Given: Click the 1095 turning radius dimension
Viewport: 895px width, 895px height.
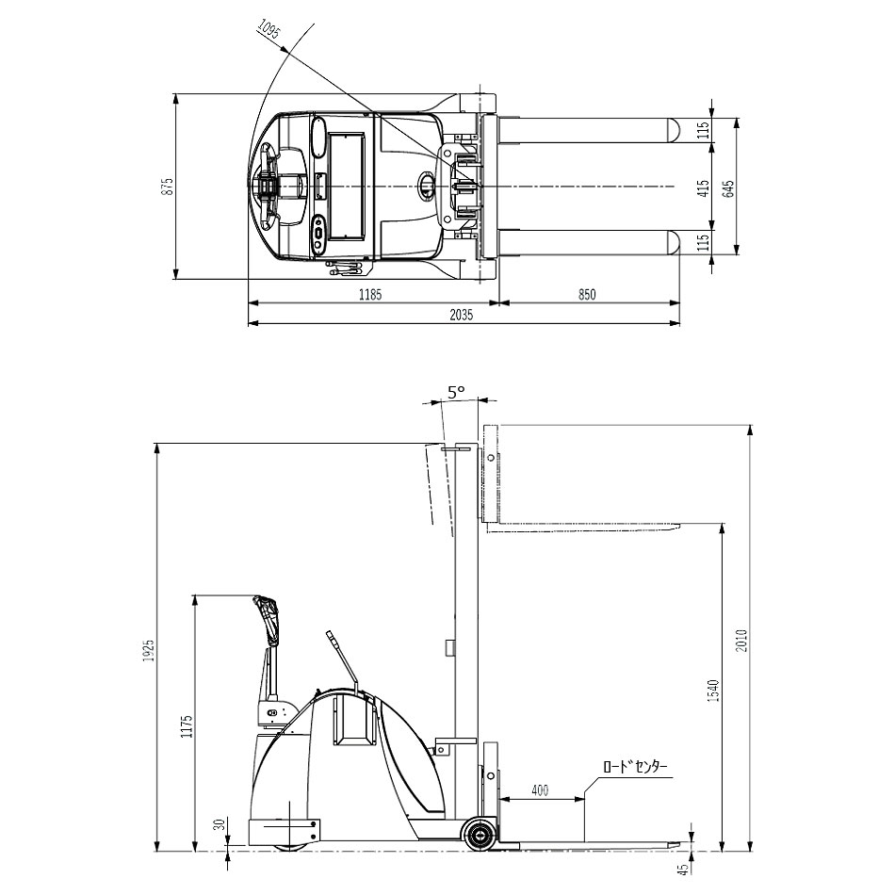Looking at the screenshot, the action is pyautogui.click(x=268, y=29).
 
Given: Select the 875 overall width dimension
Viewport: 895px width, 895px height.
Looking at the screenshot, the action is pyautogui.click(x=168, y=187).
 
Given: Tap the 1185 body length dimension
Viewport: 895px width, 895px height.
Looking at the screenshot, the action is pyautogui.click(x=370, y=295).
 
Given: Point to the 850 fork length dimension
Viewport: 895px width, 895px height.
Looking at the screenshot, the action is pyautogui.click(x=587, y=295).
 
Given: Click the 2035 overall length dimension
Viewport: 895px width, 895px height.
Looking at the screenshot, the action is pyautogui.click(x=462, y=315).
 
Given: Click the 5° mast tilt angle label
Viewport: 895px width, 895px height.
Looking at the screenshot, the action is pyautogui.click(x=456, y=392).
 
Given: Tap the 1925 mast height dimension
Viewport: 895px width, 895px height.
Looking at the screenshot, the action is pyautogui.click(x=149, y=650).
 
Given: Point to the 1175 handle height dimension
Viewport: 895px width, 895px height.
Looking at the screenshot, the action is pyautogui.click(x=187, y=726).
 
